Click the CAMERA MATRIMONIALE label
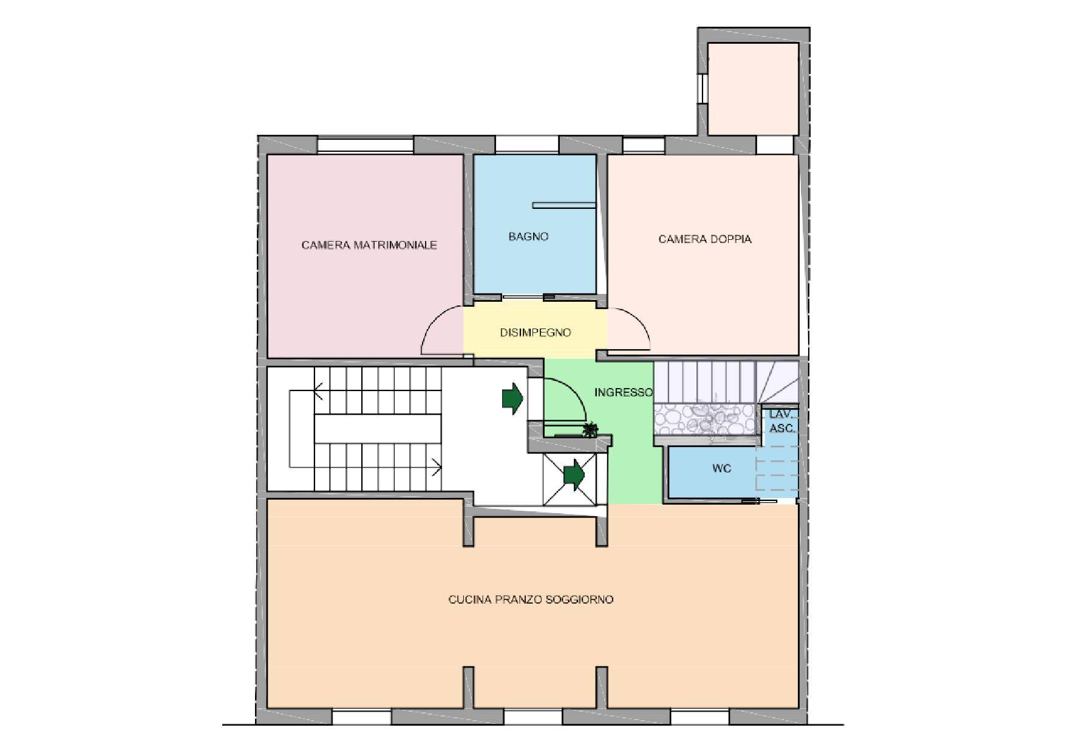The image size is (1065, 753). click(369, 245)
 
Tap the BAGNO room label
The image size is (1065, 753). click(528, 236)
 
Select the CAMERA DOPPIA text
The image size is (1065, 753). click(705, 239)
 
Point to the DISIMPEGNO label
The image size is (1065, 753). click(535, 332)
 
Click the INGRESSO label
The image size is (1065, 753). click(623, 392)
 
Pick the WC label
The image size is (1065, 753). click(721, 468)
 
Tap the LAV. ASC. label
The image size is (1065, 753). click(782, 421)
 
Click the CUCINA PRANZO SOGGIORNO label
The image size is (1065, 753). click(531, 599)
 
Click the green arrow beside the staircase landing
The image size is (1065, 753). click(512, 398)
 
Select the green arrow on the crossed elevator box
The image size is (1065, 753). click(574, 474)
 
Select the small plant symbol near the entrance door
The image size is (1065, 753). click(589, 430)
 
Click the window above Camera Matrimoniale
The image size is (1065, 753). click(366, 145)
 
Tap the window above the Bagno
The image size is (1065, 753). click(527, 144)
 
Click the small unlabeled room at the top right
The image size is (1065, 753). click(753, 89)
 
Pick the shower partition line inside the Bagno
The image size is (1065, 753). click(563, 205)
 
